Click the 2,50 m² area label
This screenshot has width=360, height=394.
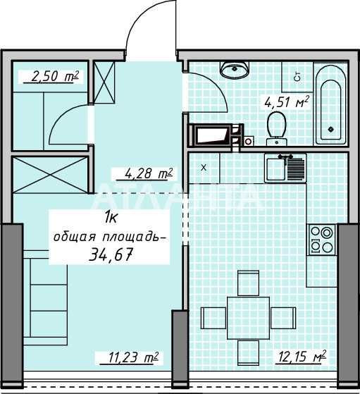pyautogui.click(x=55, y=76)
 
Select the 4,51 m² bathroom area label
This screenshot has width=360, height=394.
pyautogui.click(x=286, y=102)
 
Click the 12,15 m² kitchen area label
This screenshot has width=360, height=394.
pyautogui.click(x=301, y=357)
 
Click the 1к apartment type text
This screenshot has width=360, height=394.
pyautogui.click(x=111, y=217)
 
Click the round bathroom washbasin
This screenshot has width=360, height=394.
pyautogui.click(x=235, y=69)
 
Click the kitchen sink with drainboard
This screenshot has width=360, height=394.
pyautogui.click(x=285, y=168)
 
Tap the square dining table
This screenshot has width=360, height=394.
pyautogui.click(x=248, y=318)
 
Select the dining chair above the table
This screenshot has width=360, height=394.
pyautogui.click(x=248, y=283)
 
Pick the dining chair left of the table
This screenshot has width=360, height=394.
pyautogui.click(x=213, y=318)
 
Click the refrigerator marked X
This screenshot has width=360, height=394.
pyautogui.click(x=204, y=168)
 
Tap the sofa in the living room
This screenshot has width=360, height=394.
pyautogui.click(x=46, y=297)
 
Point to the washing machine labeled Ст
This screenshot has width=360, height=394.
pyautogui.click(x=297, y=77)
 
